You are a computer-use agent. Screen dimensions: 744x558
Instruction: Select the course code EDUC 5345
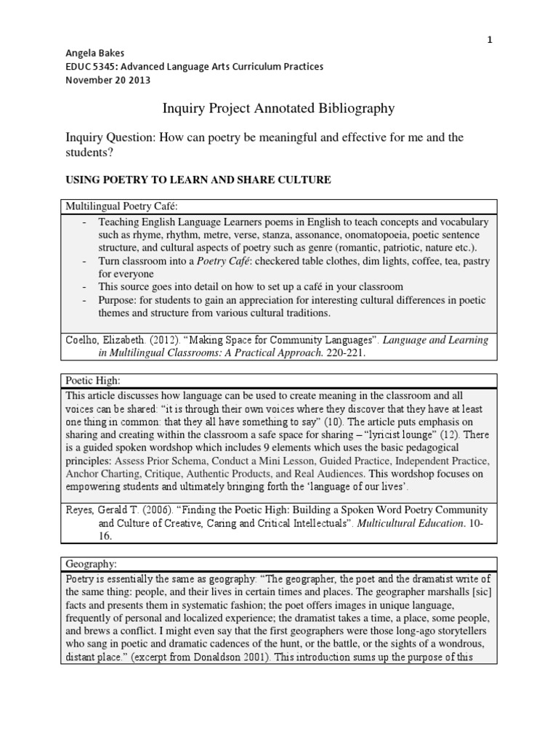coord(87,67)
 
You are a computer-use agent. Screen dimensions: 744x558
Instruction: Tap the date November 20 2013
coord(108,80)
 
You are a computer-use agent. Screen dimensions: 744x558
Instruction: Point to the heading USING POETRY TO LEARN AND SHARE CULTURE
coord(199,179)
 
